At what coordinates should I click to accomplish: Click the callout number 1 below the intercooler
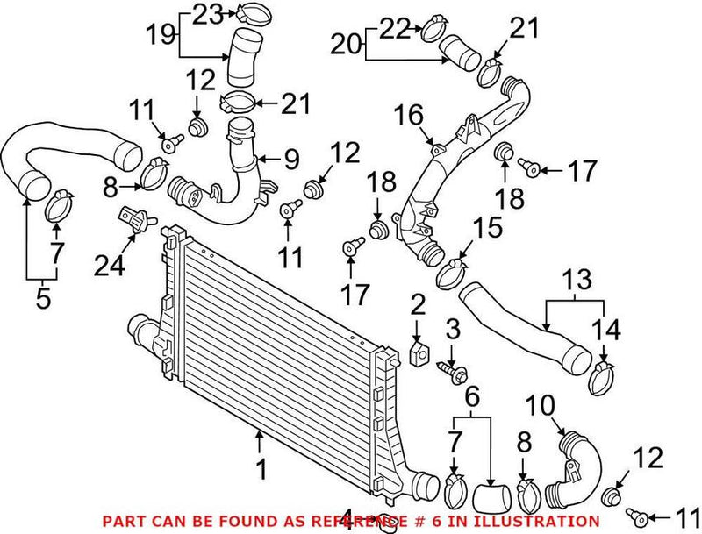coord(260,471)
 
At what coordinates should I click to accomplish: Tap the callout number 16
coord(408,114)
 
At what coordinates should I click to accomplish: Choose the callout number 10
coord(541,406)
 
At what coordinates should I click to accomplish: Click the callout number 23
coord(209,14)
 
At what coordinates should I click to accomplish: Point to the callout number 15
coord(489,229)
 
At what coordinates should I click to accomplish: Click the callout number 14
coord(605,331)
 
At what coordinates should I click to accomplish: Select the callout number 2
coord(418,305)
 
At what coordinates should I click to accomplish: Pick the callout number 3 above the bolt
coord(453,331)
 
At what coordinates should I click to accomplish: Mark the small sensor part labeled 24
coord(133,215)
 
